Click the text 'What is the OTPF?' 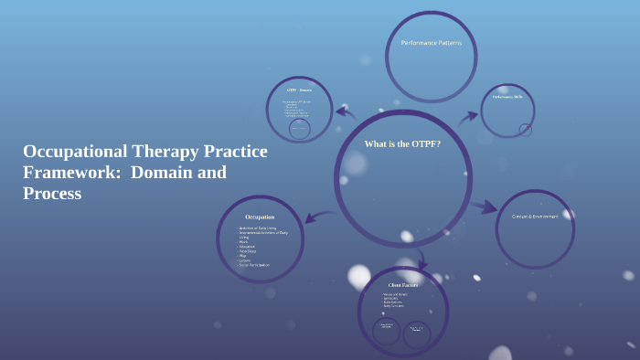click(402, 144)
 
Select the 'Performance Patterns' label click(432, 43)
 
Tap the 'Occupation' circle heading click(260, 217)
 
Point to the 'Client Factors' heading click(403, 285)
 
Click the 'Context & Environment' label click(535, 217)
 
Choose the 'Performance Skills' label click(507, 96)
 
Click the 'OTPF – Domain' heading click(299, 91)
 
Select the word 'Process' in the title click(52, 194)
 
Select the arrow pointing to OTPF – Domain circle click(345, 112)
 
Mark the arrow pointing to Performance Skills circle click(467, 117)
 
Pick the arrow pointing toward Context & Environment click(484, 206)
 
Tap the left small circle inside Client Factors click(386, 330)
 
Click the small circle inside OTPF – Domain click(299, 129)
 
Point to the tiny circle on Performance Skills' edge click(525, 130)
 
